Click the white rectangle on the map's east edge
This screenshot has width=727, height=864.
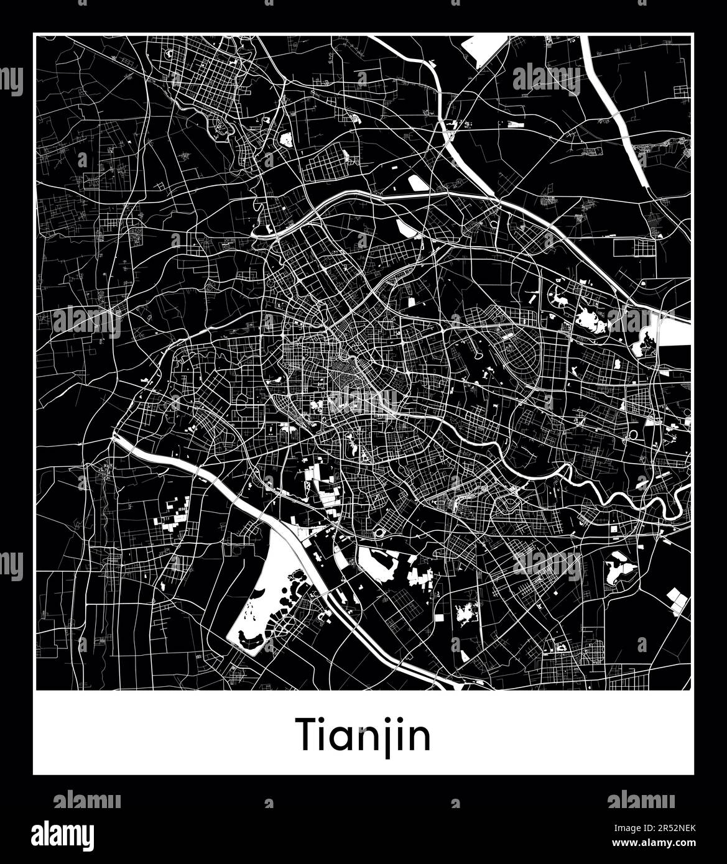tap(674, 329)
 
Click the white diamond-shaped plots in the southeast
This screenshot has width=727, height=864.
tap(678, 600)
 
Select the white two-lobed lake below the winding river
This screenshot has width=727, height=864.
tap(619, 569)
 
